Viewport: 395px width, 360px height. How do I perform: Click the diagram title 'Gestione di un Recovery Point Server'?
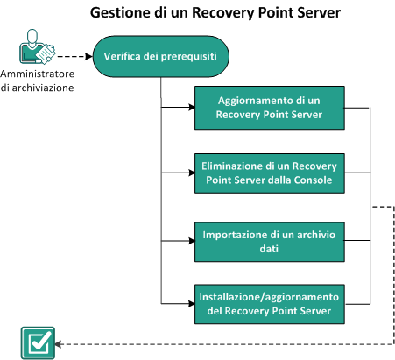[197, 14]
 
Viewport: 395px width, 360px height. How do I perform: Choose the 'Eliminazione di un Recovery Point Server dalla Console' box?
[270, 172]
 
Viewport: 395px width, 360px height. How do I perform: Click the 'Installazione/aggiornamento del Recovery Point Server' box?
[270, 301]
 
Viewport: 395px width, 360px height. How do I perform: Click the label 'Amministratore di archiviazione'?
[37, 81]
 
